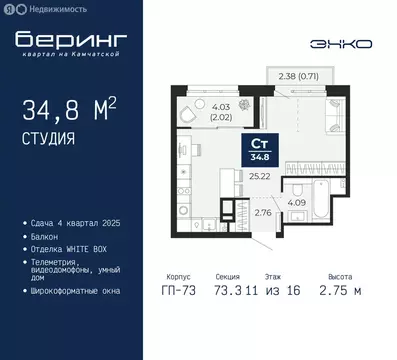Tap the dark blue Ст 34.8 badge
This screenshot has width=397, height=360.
pos(258,150)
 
